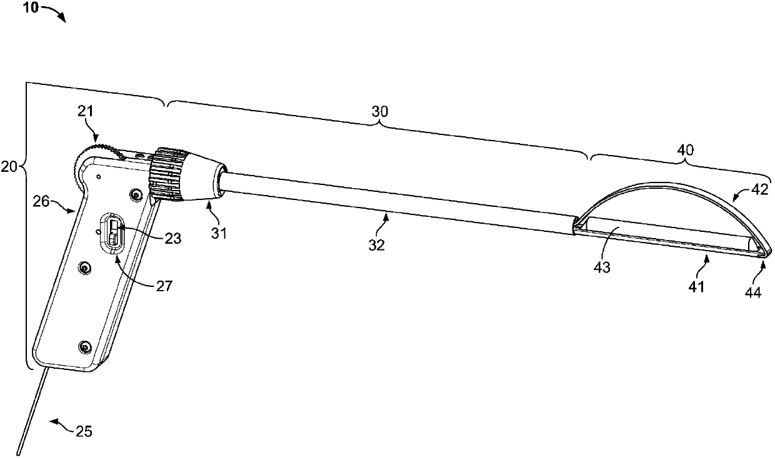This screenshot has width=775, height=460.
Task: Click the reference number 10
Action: (x=31, y=7)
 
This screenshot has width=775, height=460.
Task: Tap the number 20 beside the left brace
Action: (x=9, y=167)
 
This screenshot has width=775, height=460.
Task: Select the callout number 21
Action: (x=85, y=111)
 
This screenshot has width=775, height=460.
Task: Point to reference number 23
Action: (x=173, y=238)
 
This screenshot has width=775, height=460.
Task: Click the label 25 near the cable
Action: (x=84, y=431)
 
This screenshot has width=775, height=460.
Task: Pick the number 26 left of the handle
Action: (x=41, y=201)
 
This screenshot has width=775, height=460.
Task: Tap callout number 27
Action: (x=164, y=286)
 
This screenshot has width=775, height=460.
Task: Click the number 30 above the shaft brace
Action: (x=380, y=111)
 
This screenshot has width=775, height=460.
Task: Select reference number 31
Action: (x=219, y=234)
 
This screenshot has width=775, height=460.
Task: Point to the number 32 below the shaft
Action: (x=376, y=245)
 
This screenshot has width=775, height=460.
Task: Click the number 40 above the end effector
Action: (x=686, y=150)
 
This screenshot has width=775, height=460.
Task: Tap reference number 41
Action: (x=696, y=287)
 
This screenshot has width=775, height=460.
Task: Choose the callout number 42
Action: (x=761, y=189)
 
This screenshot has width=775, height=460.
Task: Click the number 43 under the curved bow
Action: (x=602, y=267)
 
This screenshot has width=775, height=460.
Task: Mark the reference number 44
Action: (x=753, y=293)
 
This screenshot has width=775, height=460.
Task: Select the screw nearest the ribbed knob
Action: (x=135, y=195)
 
